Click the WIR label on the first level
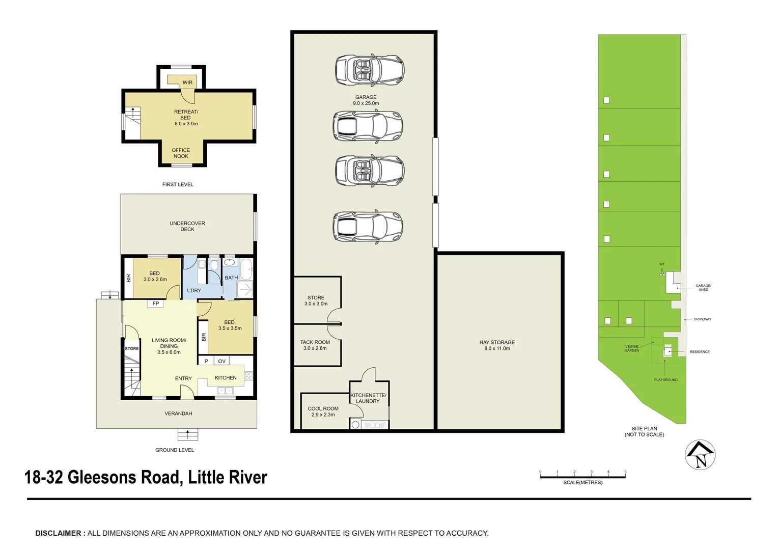(x=187, y=82)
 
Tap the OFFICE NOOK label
(x=181, y=153)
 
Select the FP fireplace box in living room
(x=156, y=304)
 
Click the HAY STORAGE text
(x=497, y=342)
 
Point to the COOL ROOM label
(x=323, y=408)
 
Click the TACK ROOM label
(x=315, y=342)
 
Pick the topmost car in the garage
(x=369, y=70)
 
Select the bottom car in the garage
(x=368, y=226)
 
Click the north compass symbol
(x=701, y=455)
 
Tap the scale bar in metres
(x=582, y=477)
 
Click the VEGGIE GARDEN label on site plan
(x=631, y=348)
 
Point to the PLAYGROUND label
(x=665, y=380)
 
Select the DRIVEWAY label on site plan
(x=702, y=319)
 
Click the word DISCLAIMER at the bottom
(x=58, y=533)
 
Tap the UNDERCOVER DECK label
(x=187, y=226)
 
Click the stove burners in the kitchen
(x=248, y=376)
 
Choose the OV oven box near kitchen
(x=221, y=361)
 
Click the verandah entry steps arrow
(x=188, y=434)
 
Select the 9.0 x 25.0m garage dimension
(x=366, y=103)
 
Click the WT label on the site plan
(x=662, y=264)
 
